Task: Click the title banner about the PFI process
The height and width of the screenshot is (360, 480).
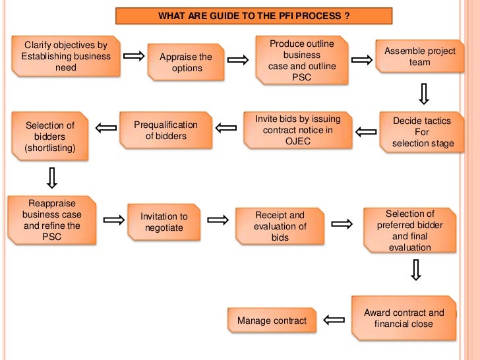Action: click(254, 16)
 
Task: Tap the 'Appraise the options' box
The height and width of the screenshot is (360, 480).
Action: click(186, 63)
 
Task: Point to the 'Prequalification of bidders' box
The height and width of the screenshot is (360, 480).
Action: click(165, 131)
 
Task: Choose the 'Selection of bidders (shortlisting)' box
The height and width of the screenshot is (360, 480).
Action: click(50, 136)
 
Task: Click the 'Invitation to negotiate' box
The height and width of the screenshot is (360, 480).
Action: click(164, 222)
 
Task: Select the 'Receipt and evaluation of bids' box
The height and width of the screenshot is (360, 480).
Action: click(280, 225)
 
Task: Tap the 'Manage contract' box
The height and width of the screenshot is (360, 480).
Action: click(272, 320)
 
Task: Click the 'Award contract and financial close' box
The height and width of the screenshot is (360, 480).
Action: click(404, 318)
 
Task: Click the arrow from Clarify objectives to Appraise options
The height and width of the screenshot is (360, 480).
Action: click(134, 57)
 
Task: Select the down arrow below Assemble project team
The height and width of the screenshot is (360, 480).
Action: click(424, 93)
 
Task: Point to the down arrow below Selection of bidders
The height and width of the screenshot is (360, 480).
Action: click(51, 177)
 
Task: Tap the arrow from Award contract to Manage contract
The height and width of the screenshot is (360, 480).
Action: click(334, 320)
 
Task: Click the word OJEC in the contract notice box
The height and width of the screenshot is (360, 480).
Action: click(297, 141)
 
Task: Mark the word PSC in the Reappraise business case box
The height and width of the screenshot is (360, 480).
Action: click(51, 236)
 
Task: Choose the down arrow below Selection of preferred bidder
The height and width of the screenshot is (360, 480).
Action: click(415, 270)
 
